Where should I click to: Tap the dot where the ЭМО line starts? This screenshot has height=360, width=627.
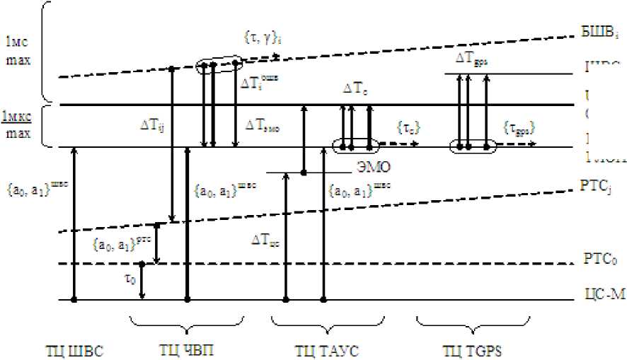(x=304, y=172)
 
